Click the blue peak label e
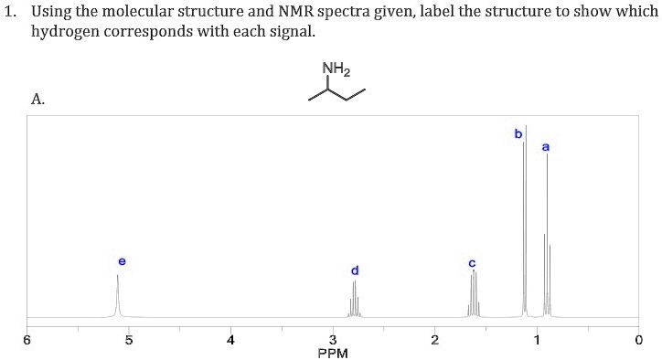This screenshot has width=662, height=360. coord(123,261)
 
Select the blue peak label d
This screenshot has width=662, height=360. coord(355,270)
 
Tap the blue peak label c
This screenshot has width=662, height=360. coord(472,263)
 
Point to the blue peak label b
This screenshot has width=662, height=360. coord(518,133)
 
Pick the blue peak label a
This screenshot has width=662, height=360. coord(546,146)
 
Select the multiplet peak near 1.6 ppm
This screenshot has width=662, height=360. coord(473,292)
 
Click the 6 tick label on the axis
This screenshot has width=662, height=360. coord(27,340)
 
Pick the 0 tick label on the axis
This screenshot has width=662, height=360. coord(638,340)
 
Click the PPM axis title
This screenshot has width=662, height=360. coord(333,354)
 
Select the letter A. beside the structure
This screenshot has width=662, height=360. coord(37,100)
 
